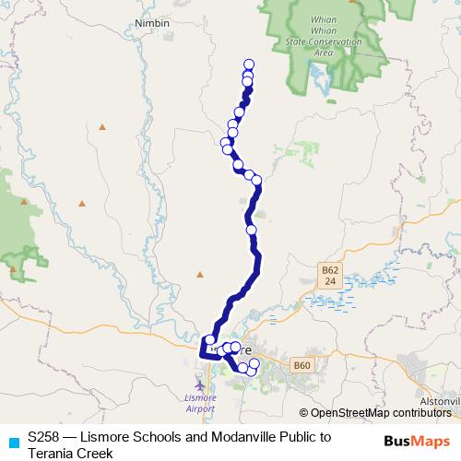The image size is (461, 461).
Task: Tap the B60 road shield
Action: point(301,367)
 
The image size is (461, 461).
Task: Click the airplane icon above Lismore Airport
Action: point(201,380)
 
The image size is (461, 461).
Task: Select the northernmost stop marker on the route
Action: point(248,65)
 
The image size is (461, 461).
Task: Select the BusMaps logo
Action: point(416,441)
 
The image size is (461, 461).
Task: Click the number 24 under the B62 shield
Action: point(330,280)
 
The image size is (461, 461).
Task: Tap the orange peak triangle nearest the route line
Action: point(200,274)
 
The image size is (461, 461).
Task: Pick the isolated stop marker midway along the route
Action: point(251,229)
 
